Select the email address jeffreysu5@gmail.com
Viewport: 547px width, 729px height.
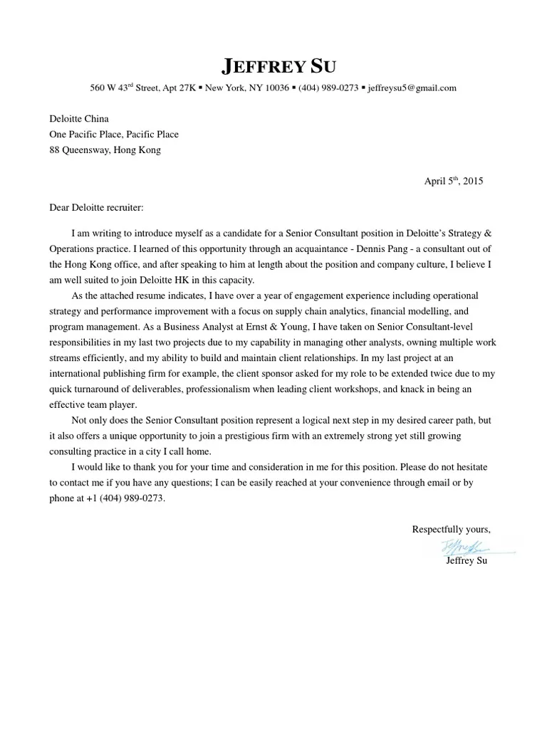tap(412, 88)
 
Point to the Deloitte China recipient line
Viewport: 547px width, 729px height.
tap(79, 119)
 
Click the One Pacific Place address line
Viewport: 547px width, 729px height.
tap(114, 135)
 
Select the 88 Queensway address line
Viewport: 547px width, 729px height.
tap(105, 150)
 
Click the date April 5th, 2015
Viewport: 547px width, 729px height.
tap(454, 182)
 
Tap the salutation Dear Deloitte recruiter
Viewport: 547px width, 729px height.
tap(96, 207)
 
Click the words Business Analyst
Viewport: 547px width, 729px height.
tap(145, 327)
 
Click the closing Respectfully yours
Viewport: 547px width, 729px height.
tap(452, 529)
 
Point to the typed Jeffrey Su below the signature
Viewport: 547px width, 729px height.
tap(467, 561)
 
